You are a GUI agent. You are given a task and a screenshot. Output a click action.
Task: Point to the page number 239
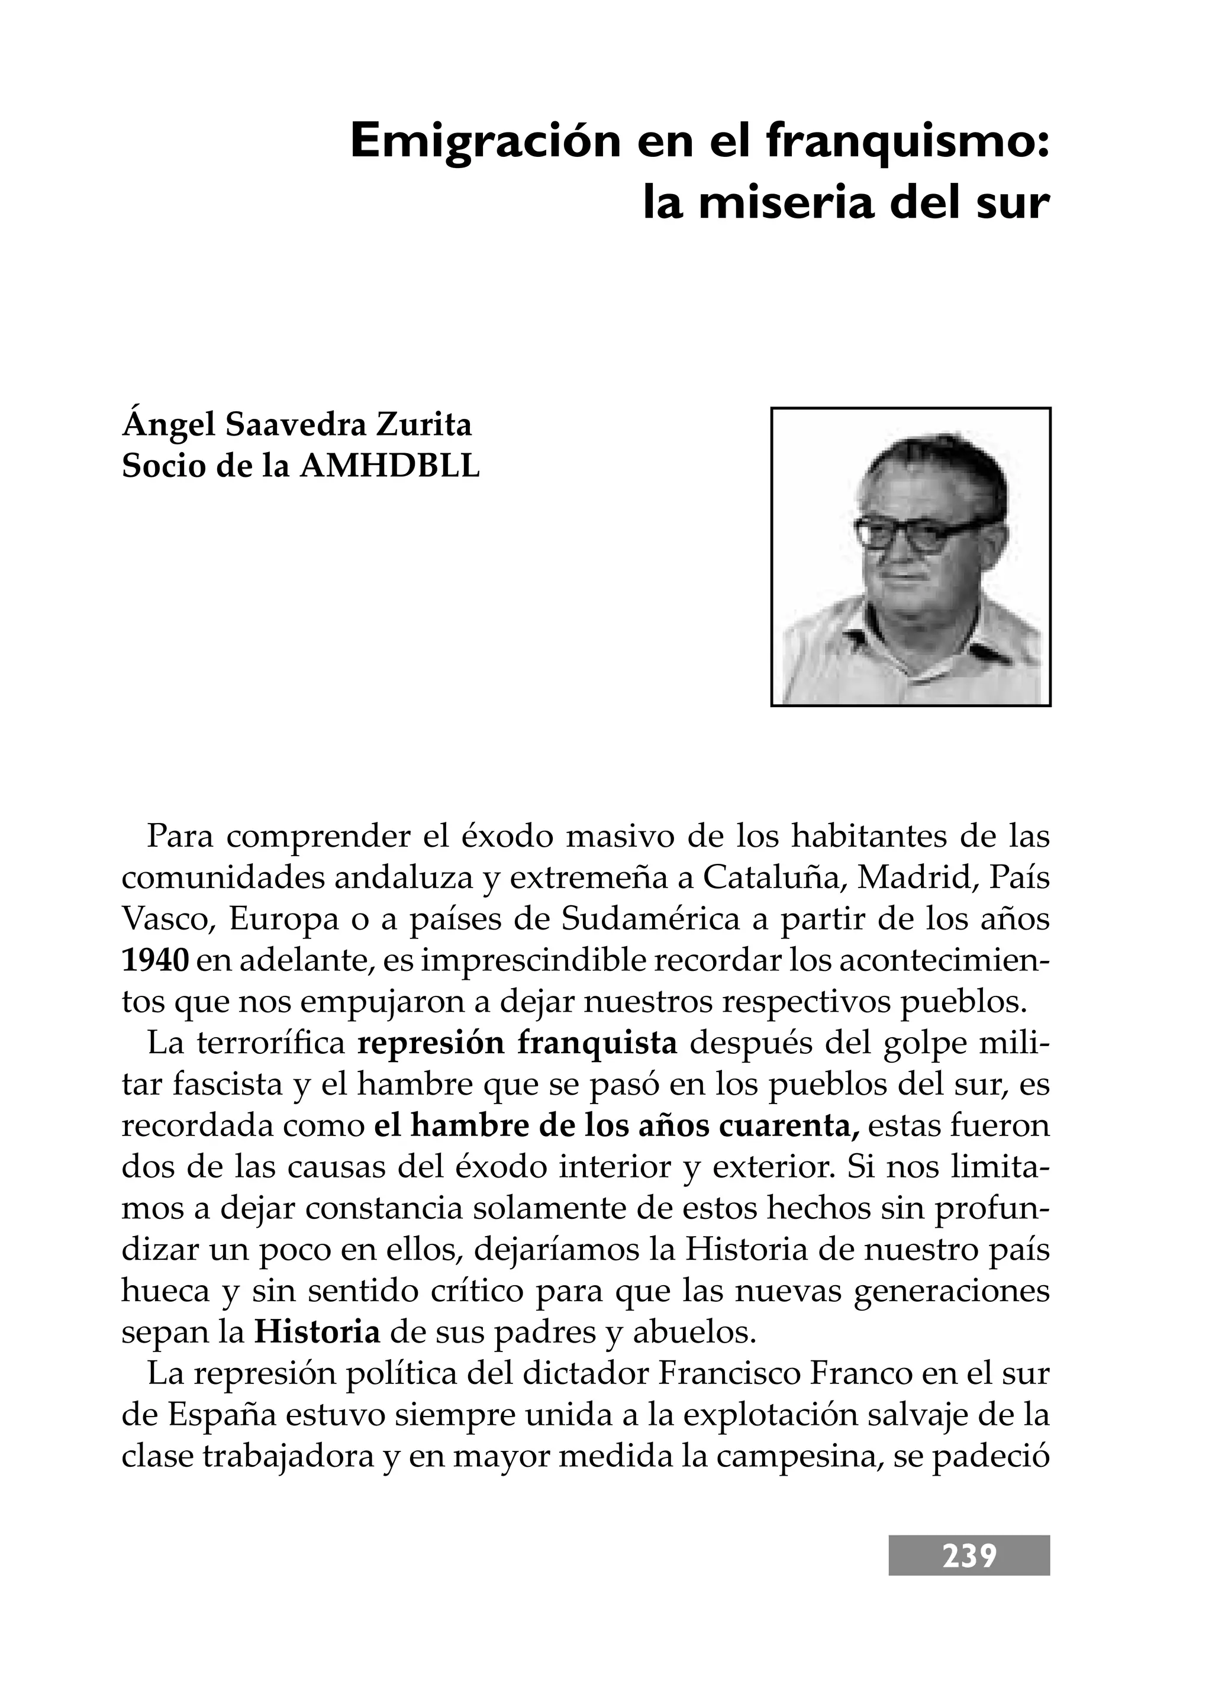click(969, 1557)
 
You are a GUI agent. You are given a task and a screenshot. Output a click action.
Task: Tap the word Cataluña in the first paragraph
click(773, 878)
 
